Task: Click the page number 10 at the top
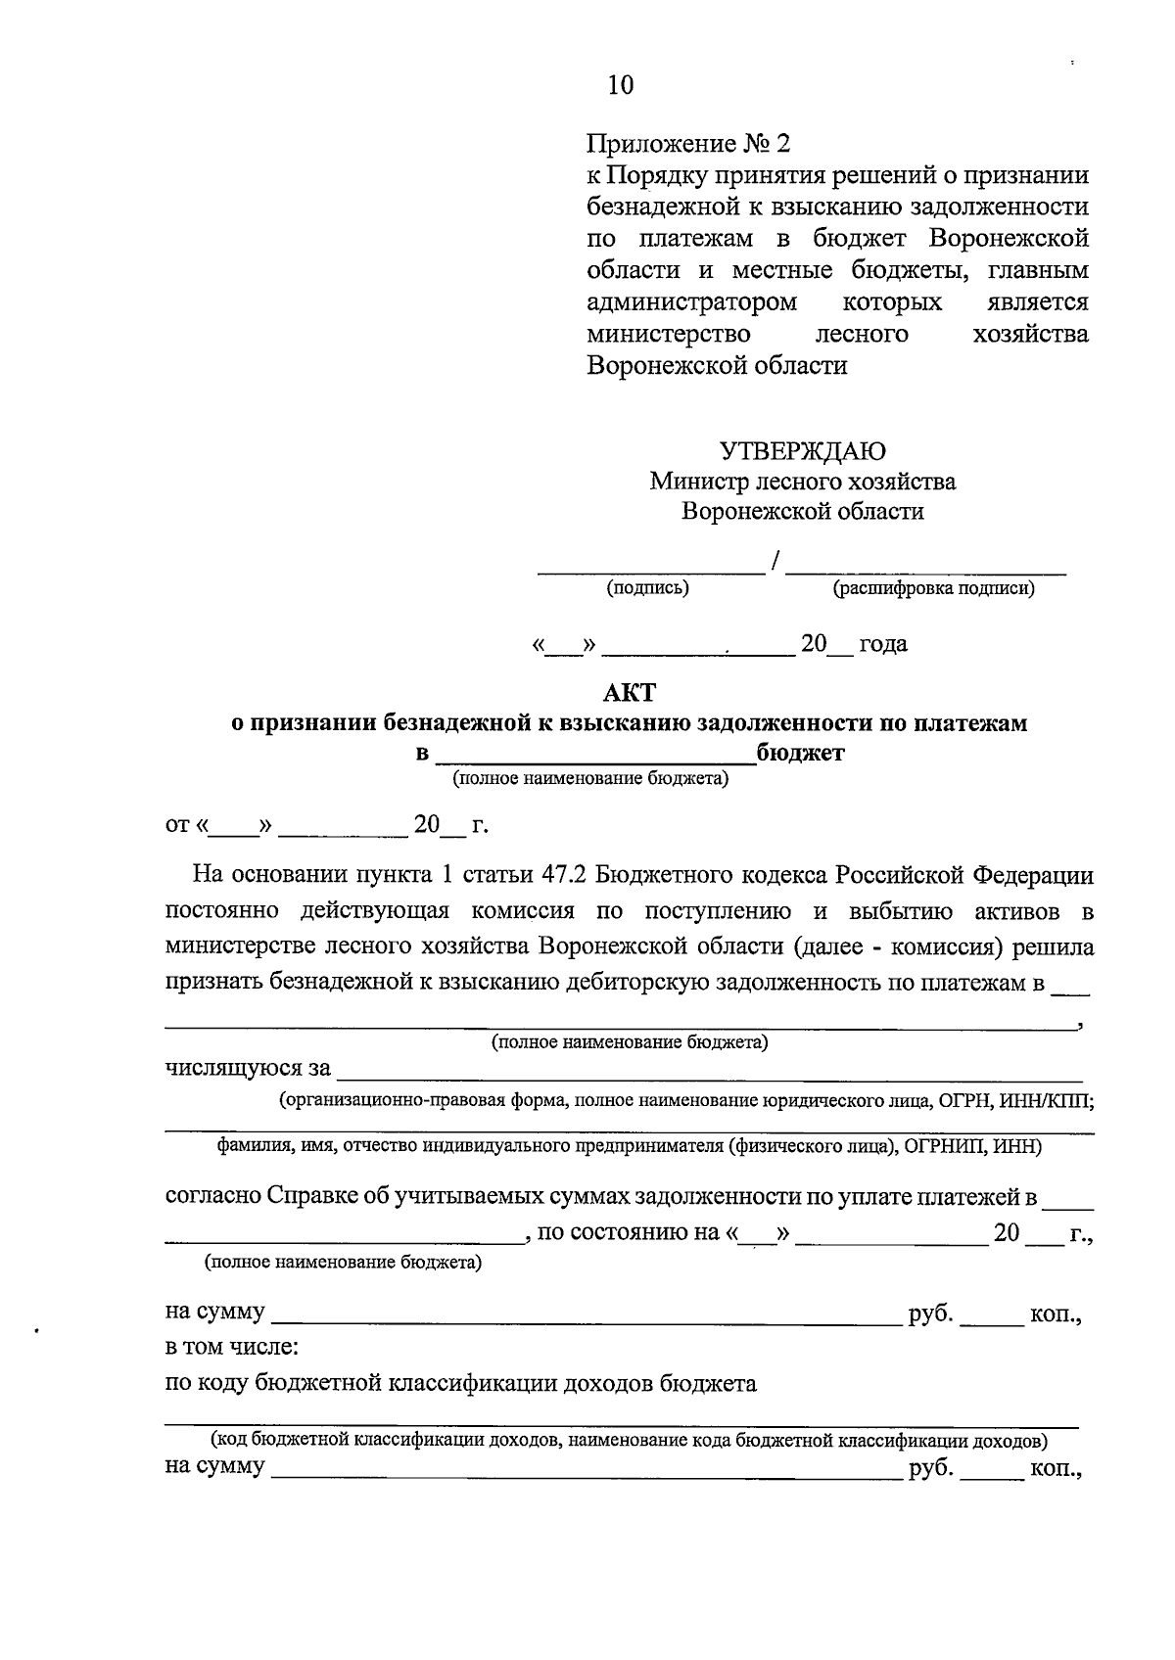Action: click(x=621, y=85)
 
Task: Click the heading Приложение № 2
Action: click(x=687, y=144)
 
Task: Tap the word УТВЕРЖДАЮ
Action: click(x=803, y=450)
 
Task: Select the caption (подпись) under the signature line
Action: click(x=647, y=587)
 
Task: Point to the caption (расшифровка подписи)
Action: click(x=933, y=588)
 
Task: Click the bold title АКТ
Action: click(x=629, y=692)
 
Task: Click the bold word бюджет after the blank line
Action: click(x=800, y=753)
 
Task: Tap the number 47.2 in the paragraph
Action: click(x=562, y=873)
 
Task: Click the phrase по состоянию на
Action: click(x=630, y=1232)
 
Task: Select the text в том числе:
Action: click(x=232, y=1347)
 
